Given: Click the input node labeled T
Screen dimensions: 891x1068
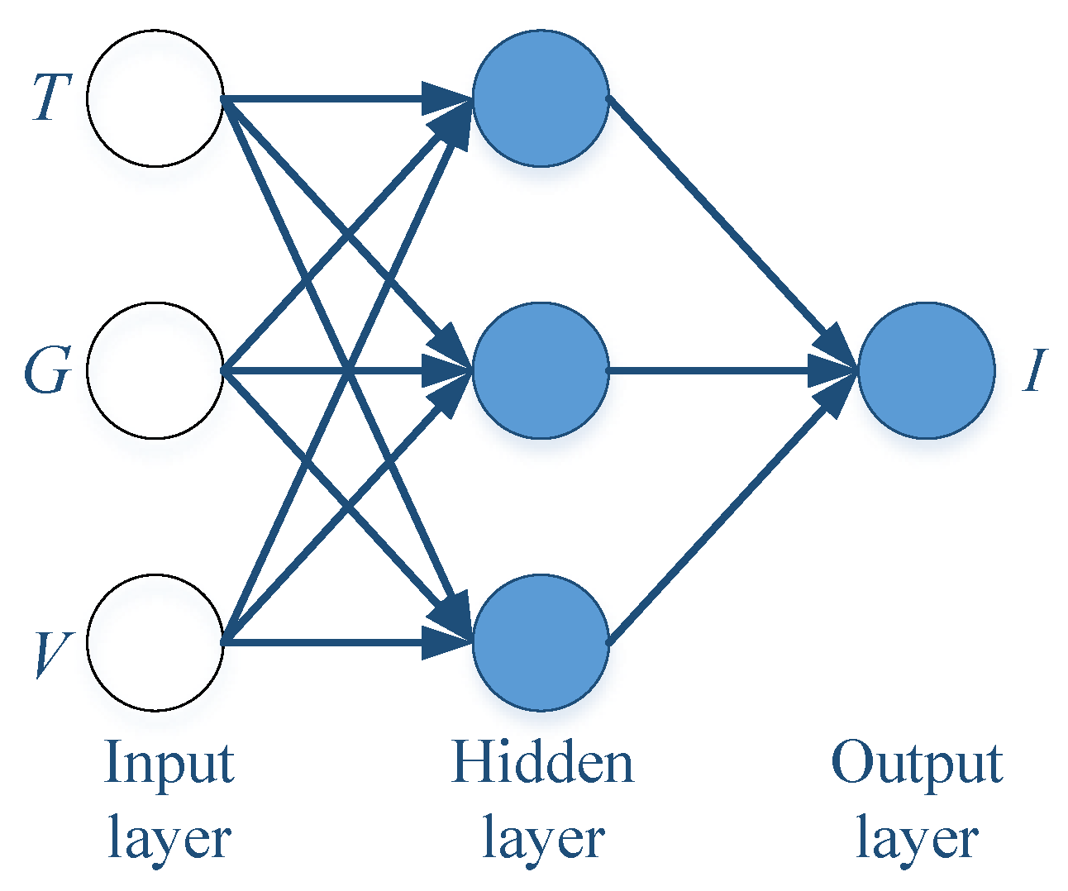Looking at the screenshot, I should (155, 98).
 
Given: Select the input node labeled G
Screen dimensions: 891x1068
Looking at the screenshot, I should (155, 370).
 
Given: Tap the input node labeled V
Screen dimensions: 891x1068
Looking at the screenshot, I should (155, 642).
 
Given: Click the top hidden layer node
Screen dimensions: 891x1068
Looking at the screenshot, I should (541, 98).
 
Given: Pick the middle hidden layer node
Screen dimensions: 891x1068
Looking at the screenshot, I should (541, 370).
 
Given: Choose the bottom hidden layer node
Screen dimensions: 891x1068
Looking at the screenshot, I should (541, 642).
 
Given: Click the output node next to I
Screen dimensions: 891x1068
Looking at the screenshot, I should (926, 370).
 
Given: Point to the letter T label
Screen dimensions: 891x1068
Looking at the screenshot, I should (50, 98).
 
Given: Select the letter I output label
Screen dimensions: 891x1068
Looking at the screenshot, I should (1034, 370).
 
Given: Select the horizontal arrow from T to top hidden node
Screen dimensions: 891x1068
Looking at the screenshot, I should (331, 99).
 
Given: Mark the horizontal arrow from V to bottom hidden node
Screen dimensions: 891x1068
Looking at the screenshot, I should (331, 642).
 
